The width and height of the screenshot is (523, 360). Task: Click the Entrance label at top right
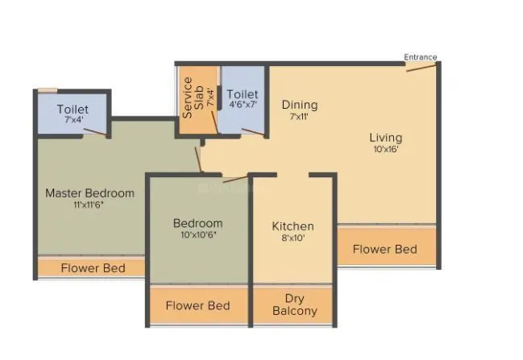coord(420,57)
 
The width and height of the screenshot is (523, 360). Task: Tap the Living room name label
coord(385,138)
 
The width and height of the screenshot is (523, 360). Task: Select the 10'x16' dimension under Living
coord(385,149)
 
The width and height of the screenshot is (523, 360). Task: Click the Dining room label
coord(299,105)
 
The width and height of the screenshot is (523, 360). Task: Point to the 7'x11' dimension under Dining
coord(299,116)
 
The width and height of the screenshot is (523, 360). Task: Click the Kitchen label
coord(293,226)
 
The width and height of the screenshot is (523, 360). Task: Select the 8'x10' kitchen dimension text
coord(293,238)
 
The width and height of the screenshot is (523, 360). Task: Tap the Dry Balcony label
coord(294,304)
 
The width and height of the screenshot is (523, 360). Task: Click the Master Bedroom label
coord(89,193)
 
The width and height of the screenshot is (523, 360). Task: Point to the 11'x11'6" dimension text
coord(89,205)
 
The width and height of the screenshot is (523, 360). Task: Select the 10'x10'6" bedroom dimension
coord(197,235)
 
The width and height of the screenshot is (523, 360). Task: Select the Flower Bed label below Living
coord(385,250)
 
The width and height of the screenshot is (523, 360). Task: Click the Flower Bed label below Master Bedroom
coord(93,267)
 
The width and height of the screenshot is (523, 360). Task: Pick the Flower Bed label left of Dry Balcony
coord(197,305)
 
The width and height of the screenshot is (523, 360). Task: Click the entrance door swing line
coord(421,66)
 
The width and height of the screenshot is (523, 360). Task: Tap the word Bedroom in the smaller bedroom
coord(197,223)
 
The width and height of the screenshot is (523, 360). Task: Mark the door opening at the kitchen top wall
coord(294,174)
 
